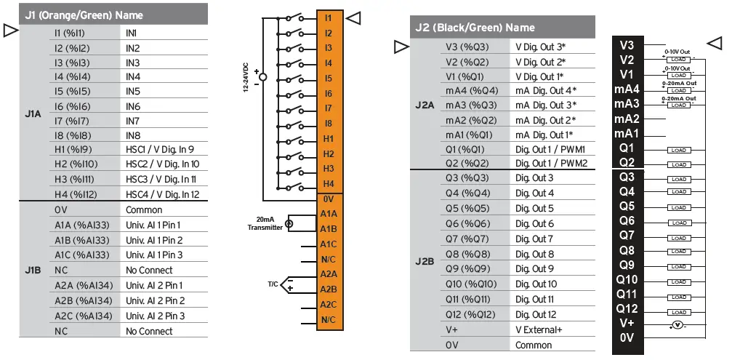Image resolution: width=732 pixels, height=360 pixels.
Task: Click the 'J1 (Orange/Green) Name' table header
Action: (x=84, y=15)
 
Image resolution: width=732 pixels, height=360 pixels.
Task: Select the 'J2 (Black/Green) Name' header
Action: (x=475, y=28)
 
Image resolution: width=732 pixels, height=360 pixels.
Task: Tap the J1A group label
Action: (x=33, y=114)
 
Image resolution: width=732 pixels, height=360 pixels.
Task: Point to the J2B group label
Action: (x=425, y=261)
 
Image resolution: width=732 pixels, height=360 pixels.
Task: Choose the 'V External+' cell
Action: (x=539, y=329)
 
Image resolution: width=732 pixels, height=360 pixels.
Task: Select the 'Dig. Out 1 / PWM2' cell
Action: (x=550, y=164)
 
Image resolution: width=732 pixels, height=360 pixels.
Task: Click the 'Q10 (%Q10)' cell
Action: (x=471, y=284)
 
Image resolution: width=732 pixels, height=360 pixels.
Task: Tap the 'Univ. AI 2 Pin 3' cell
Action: (x=155, y=316)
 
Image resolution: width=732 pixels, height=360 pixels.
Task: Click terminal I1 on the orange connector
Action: (x=329, y=17)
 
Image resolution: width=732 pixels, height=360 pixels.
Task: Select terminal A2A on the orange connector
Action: (x=329, y=274)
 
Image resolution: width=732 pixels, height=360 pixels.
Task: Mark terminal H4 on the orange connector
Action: (x=329, y=183)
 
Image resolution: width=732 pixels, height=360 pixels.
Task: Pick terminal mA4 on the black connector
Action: (x=626, y=89)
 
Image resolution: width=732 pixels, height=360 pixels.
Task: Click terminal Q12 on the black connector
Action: (x=627, y=308)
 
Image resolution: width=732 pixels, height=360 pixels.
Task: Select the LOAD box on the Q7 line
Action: (x=679, y=238)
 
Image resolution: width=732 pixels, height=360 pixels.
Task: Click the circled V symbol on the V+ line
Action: (x=677, y=325)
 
